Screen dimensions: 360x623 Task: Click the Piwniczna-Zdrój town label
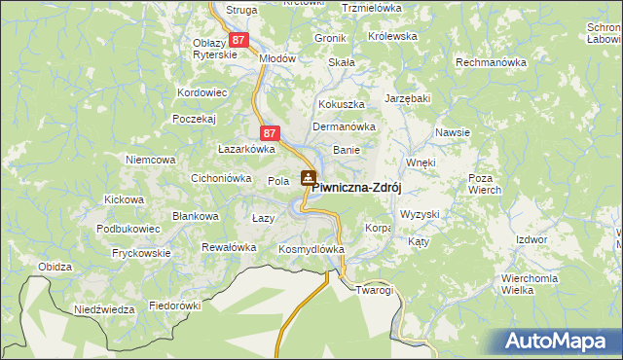(357, 188)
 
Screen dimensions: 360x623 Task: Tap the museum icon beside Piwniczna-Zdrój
(308, 177)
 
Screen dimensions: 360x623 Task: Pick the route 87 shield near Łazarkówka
(271, 132)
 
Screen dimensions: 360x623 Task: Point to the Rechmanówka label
(491, 62)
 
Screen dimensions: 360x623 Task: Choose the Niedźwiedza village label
(104, 309)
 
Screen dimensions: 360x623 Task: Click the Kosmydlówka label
(311, 250)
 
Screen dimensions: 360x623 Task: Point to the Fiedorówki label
(174, 305)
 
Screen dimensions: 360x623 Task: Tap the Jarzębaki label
(408, 99)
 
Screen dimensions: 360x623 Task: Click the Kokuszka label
(341, 104)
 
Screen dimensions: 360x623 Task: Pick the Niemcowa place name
(150, 159)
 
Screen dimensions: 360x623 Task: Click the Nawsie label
(454, 132)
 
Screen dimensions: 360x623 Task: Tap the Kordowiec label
(202, 93)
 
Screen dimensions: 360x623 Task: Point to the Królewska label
(392, 36)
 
